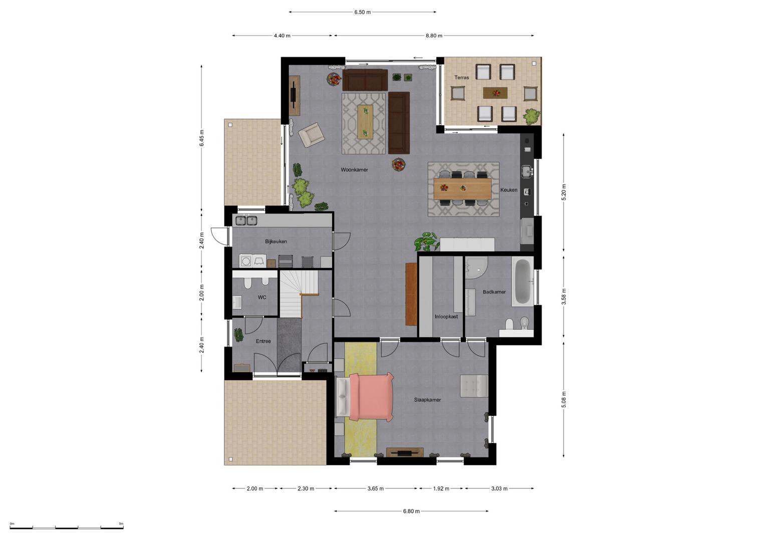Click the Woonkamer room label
pos(354,169)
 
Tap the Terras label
pos(461,78)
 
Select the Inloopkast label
pos(446,317)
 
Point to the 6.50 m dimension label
pos(362,13)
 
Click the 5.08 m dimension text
pos(564,399)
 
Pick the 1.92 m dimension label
pos(441,488)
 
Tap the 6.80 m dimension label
pos(411,511)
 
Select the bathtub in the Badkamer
pos(522,282)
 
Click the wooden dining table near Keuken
pos(462,188)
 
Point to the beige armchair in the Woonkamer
pos(311,135)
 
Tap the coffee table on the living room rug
pos(365,122)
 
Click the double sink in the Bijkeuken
pos(246,220)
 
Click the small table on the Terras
pos(495,93)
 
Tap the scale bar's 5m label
pos(121,523)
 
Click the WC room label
pos(262,297)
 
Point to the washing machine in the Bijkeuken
pos(245,261)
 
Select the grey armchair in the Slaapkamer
pos(474,386)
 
